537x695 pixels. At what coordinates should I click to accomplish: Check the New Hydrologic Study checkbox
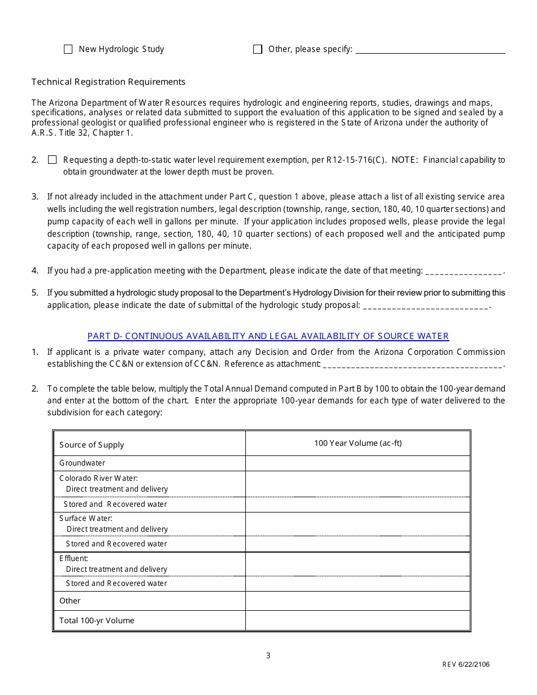68,49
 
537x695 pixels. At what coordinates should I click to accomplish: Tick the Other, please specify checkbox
258,49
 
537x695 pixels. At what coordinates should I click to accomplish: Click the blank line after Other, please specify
430,50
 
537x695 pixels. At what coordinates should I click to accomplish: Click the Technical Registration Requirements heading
109,82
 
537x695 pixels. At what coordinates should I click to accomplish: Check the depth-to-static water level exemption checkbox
53,160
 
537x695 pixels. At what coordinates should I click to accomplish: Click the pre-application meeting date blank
464,271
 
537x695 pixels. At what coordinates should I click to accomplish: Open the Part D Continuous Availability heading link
268,336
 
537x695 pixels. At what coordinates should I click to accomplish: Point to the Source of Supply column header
92,445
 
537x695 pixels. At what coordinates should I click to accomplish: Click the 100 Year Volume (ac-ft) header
358,443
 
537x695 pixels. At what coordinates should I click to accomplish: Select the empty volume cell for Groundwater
358,463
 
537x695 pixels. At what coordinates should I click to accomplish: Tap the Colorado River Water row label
98,478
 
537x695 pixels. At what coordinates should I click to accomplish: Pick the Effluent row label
73,558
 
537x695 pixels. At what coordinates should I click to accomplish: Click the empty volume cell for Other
358,601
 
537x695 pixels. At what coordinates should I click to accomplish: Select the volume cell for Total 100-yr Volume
358,620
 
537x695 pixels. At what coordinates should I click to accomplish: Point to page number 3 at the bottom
268,656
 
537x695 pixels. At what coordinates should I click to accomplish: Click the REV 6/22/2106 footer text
466,664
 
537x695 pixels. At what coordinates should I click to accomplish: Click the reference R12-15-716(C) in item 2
357,160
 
